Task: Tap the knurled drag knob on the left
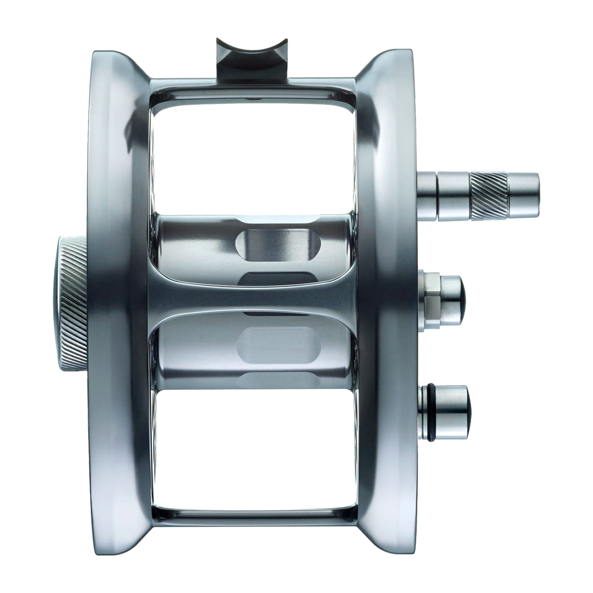(x=71, y=305)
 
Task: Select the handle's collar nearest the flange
(x=427, y=195)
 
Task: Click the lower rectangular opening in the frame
(x=253, y=447)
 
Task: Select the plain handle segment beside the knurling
(x=453, y=195)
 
